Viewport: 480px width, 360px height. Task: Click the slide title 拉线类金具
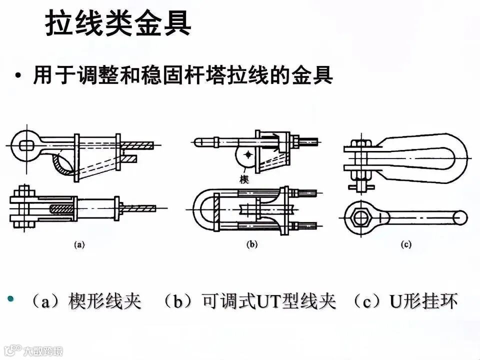tap(118, 24)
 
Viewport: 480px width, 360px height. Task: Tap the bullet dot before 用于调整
tap(18, 77)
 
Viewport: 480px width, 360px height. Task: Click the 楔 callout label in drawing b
tap(244, 179)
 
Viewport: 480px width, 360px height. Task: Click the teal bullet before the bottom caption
tap(10, 299)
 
